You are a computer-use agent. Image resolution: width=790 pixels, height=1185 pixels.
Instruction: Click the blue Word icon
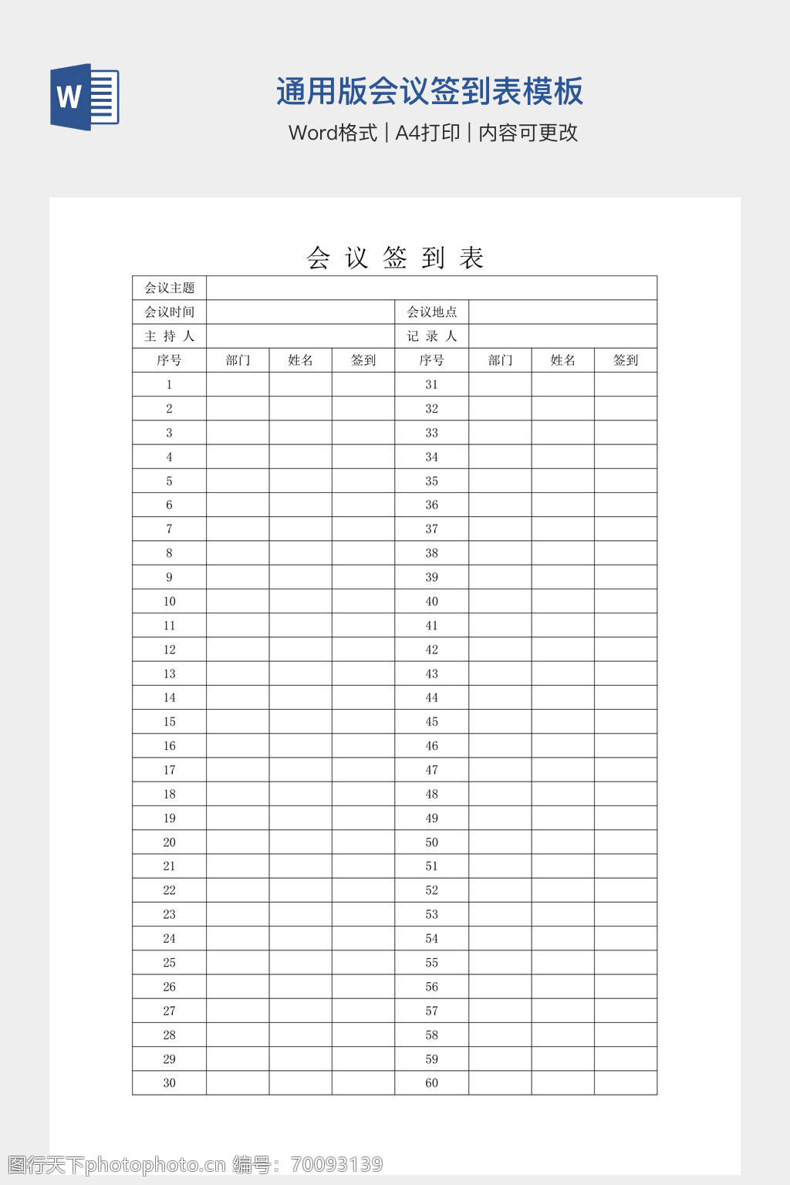point(84,96)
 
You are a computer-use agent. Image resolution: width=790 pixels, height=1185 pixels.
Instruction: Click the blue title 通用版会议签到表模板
point(430,91)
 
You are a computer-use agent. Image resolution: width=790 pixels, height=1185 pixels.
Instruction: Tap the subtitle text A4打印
point(427,133)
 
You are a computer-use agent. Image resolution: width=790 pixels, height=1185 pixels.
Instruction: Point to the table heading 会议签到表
point(395,258)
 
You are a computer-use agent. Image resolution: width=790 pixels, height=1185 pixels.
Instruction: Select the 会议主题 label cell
point(170,288)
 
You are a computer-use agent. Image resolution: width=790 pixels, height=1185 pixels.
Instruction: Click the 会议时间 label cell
point(170,312)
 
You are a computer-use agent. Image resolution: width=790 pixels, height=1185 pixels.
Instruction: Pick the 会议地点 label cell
point(432,312)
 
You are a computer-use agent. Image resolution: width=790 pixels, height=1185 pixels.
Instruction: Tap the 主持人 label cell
point(170,336)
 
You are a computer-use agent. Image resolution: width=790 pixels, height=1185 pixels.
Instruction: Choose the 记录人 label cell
point(432,336)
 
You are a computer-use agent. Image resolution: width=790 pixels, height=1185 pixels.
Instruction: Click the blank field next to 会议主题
point(431,288)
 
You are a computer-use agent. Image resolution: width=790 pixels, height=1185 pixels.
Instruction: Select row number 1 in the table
point(170,384)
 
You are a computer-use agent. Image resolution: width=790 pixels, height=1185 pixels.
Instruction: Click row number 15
point(170,721)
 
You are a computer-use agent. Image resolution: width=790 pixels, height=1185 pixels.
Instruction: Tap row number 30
point(170,1082)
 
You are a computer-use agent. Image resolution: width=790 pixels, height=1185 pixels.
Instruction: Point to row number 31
point(432,384)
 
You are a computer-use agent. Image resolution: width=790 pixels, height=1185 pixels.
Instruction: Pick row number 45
point(432,721)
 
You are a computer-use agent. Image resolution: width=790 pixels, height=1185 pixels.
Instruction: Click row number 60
point(432,1082)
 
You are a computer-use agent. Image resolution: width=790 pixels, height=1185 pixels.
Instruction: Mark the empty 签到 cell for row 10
point(363,601)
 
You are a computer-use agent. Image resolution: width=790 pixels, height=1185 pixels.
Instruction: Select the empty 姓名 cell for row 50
point(563,842)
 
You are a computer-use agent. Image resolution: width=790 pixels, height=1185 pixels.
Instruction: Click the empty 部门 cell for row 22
point(238,890)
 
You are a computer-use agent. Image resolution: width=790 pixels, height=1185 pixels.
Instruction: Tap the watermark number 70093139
point(337,1164)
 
